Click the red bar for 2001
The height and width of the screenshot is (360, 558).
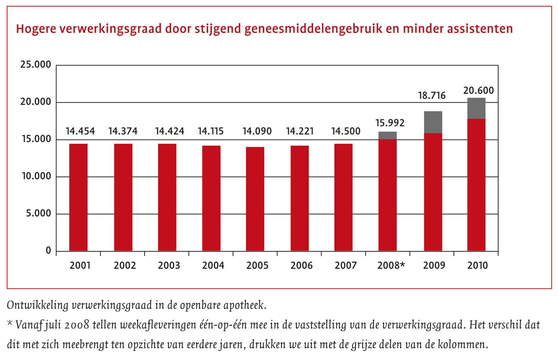(78, 197)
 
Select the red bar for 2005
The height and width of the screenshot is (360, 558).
(255, 199)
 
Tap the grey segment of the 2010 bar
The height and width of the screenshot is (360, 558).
(476, 108)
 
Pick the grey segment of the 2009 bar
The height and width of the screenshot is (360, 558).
(433, 122)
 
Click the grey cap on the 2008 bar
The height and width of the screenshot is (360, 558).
(388, 136)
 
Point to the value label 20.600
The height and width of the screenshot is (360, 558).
(479, 90)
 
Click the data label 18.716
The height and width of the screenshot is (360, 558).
(432, 95)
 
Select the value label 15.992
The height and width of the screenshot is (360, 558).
(390, 123)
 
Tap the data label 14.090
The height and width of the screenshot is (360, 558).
(257, 131)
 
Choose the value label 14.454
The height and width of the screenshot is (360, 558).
(80, 131)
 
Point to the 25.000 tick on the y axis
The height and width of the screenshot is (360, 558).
(36, 65)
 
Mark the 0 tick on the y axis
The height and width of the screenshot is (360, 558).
(48, 251)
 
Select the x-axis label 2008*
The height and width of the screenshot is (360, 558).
(391, 265)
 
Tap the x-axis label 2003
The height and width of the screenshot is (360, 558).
(169, 265)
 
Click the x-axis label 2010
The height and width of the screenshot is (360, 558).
(477, 265)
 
